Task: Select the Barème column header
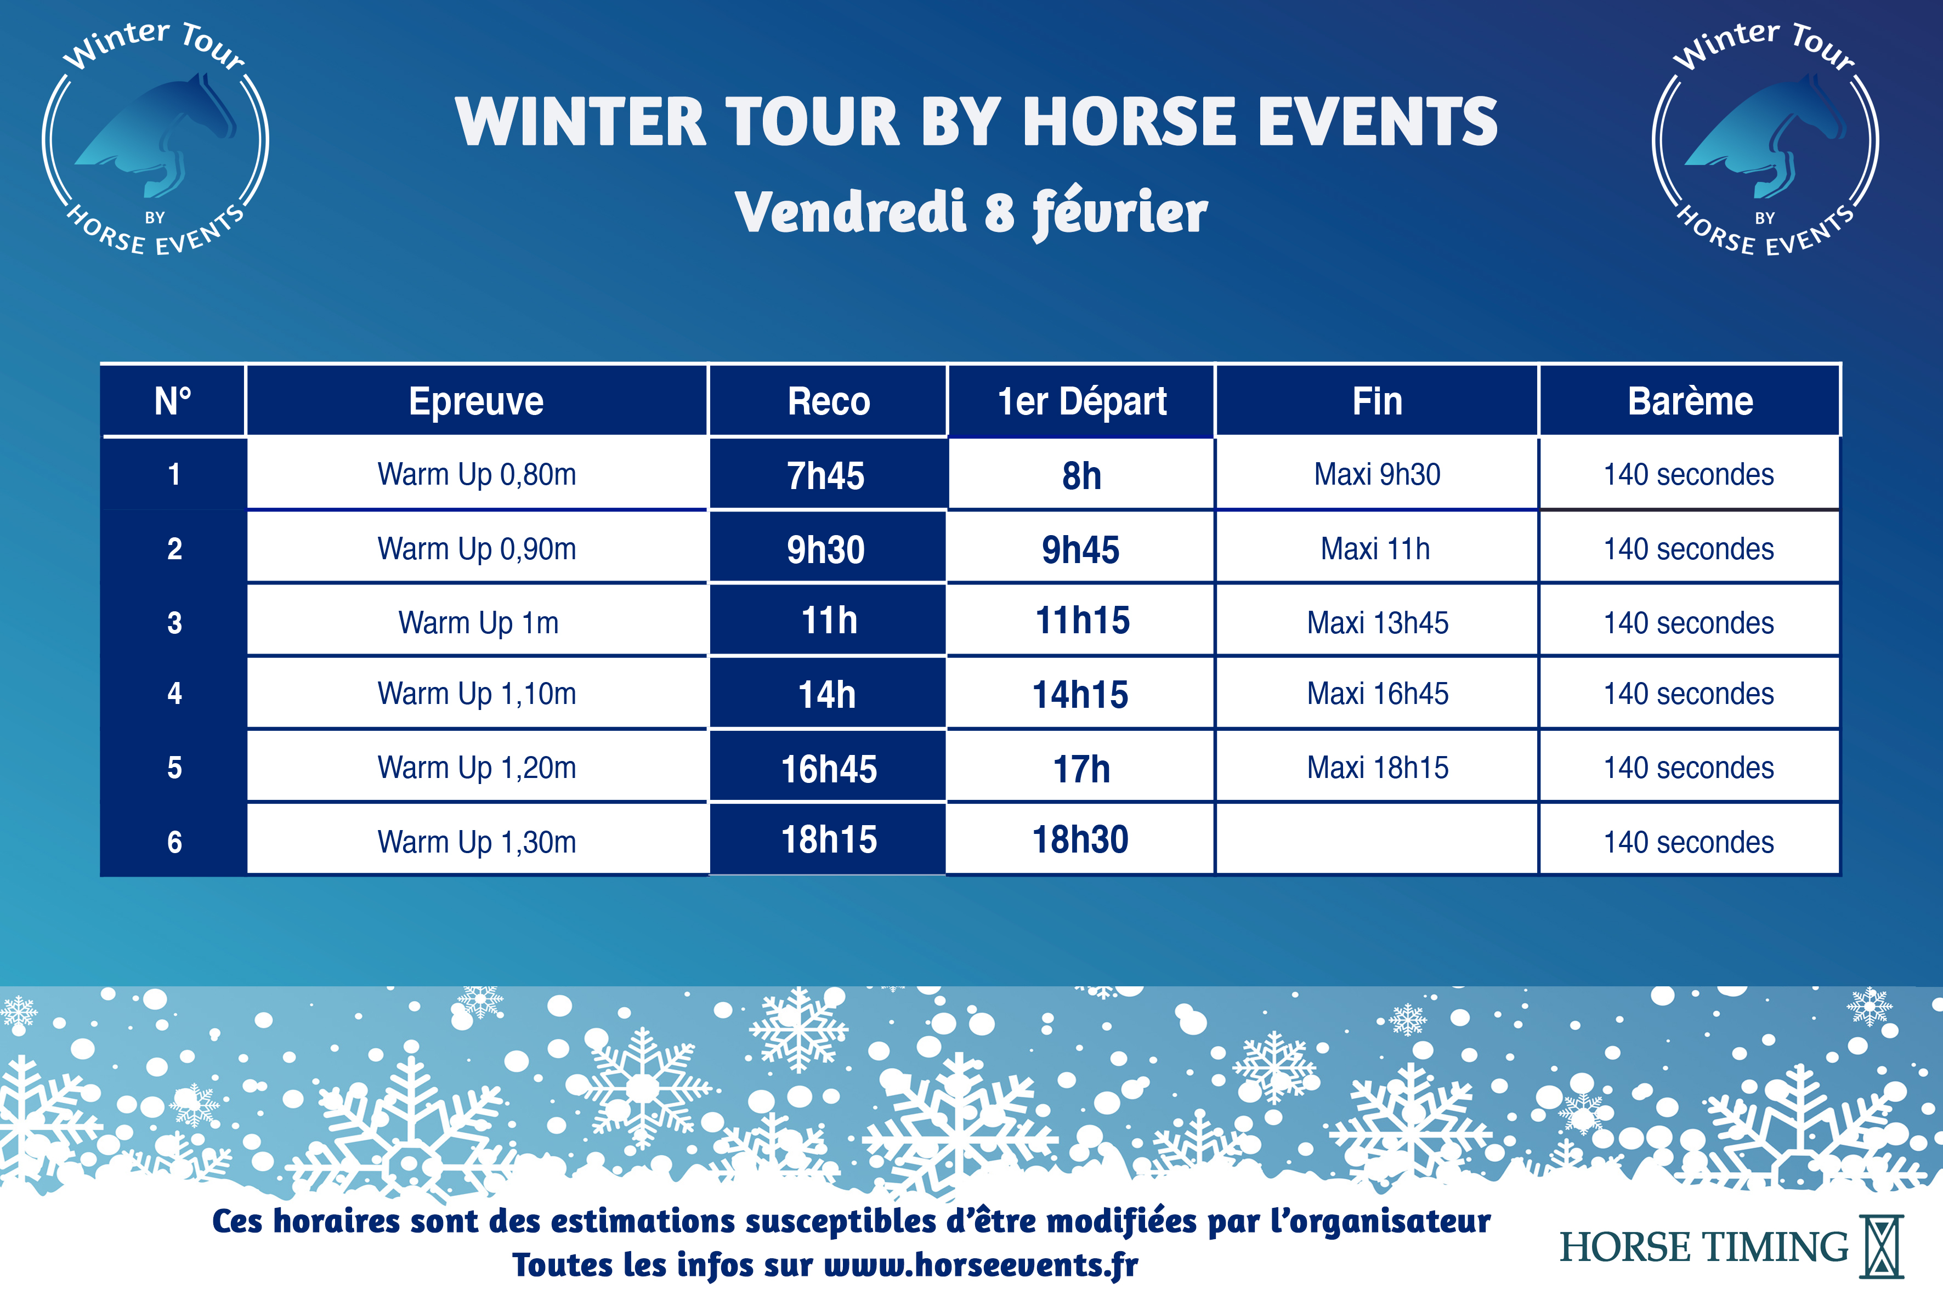pos(1690,401)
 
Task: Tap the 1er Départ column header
pos(1081,401)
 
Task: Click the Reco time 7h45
pos(826,476)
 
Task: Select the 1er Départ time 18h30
pos(1080,840)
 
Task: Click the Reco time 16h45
pos(829,769)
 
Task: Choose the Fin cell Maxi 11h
pos(1375,548)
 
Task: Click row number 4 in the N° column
pos(174,694)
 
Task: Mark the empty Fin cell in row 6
pos(1376,839)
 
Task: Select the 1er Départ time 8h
pos(1081,476)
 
